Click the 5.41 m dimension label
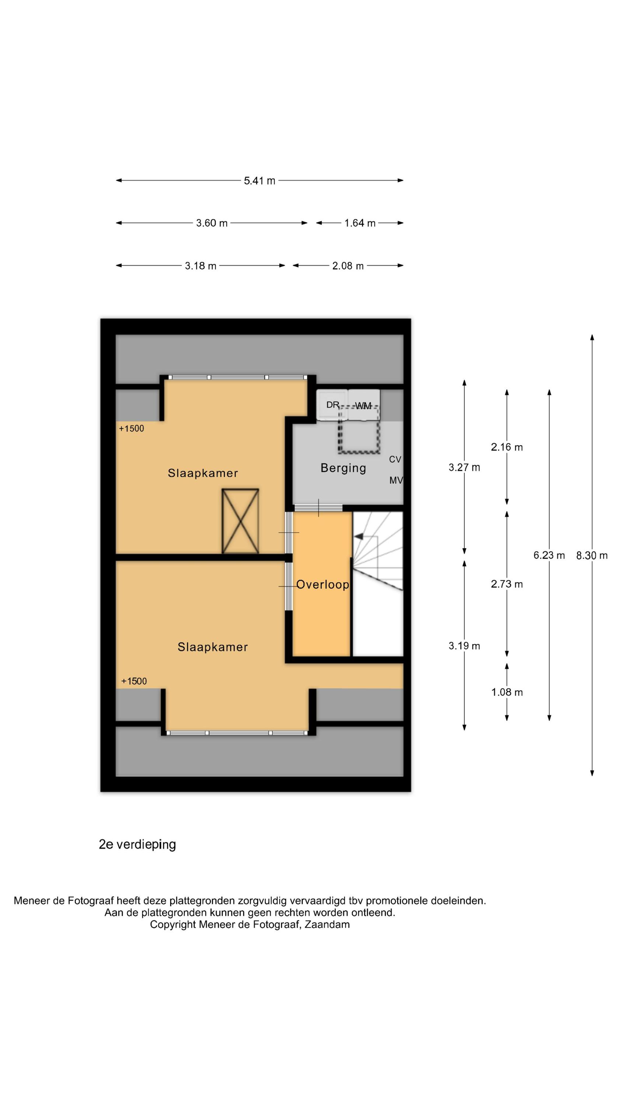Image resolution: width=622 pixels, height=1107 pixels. click(x=259, y=180)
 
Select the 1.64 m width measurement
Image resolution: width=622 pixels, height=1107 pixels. click(x=360, y=223)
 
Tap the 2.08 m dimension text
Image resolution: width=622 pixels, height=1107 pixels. click(x=348, y=266)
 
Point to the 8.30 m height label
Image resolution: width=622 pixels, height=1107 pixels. click(x=591, y=556)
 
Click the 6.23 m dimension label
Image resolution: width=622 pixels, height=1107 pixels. click(x=549, y=555)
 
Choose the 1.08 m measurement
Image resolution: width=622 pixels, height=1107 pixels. click(x=507, y=692)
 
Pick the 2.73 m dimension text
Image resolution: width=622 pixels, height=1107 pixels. click(x=507, y=584)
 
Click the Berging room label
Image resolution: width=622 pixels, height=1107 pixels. click(x=343, y=468)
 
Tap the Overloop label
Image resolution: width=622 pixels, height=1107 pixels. click(x=322, y=584)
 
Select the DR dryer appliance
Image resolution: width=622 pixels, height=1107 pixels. click(x=332, y=405)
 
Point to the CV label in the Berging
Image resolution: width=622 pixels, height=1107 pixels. click(x=395, y=459)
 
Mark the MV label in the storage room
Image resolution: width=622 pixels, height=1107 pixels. click(x=396, y=480)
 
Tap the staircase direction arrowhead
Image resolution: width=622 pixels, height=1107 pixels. click(x=359, y=536)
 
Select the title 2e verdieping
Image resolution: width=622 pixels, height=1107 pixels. click(x=137, y=844)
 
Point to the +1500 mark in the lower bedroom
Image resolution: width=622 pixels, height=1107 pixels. click(x=134, y=681)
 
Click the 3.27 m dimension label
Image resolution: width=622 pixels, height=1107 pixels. click(x=464, y=468)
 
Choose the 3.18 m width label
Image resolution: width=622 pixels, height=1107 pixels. click(x=200, y=266)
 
